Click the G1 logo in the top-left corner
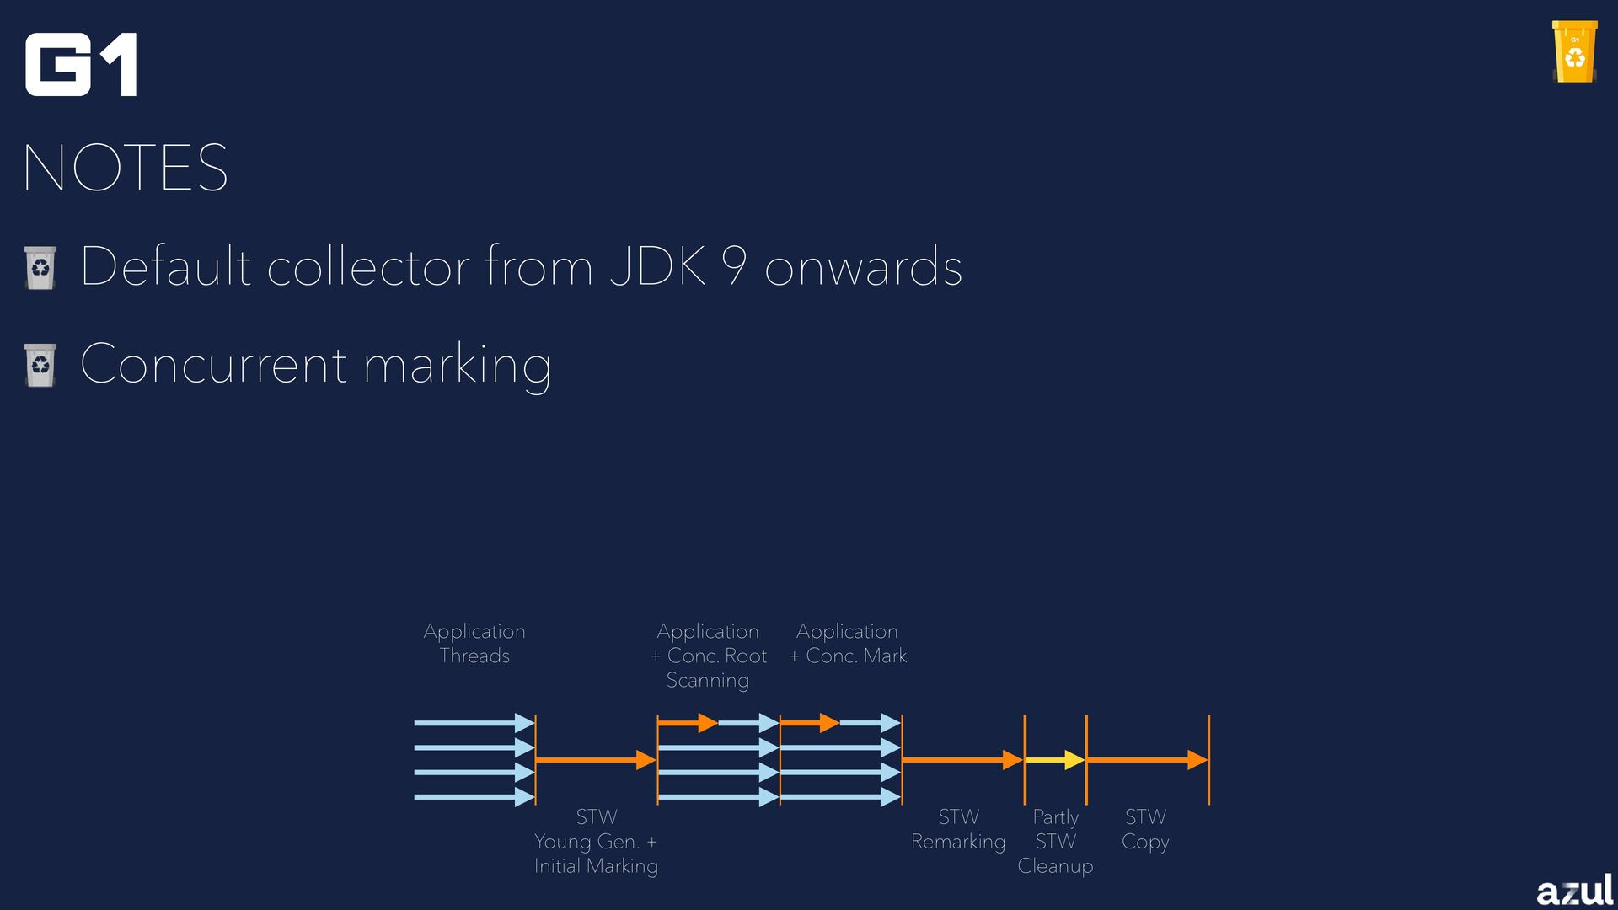pos(81,65)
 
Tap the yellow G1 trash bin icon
pos(1574,52)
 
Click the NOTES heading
pos(126,168)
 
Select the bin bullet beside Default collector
pos(40,268)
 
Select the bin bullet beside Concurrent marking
pos(40,365)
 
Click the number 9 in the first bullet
pos(734,266)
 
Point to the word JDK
pos(657,266)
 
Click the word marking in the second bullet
pos(457,366)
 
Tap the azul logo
pos(1574,889)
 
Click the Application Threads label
pos(474,644)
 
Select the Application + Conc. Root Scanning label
pos(708,656)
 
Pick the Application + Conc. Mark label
pos(848,644)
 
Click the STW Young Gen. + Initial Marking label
pos(596,841)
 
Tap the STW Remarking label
pos(958,829)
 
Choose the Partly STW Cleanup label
pos(1055,841)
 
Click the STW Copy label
pos(1145,829)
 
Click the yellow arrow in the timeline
pos(1054,760)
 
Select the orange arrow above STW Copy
pos(1147,760)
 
